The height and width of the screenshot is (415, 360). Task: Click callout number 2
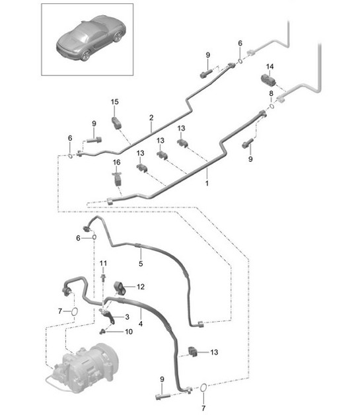(x=151, y=118)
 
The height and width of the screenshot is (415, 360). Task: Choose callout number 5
(x=140, y=263)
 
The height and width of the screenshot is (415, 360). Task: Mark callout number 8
(x=270, y=94)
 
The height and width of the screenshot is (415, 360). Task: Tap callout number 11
(x=103, y=264)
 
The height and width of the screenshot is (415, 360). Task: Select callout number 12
(x=140, y=287)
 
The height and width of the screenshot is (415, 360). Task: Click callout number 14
(x=270, y=67)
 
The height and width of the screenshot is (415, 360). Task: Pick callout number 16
(x=117, y=162)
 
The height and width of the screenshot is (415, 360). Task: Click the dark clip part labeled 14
(x=270, y=81)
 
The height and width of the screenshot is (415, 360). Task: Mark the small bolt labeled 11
(x=104, y=278)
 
